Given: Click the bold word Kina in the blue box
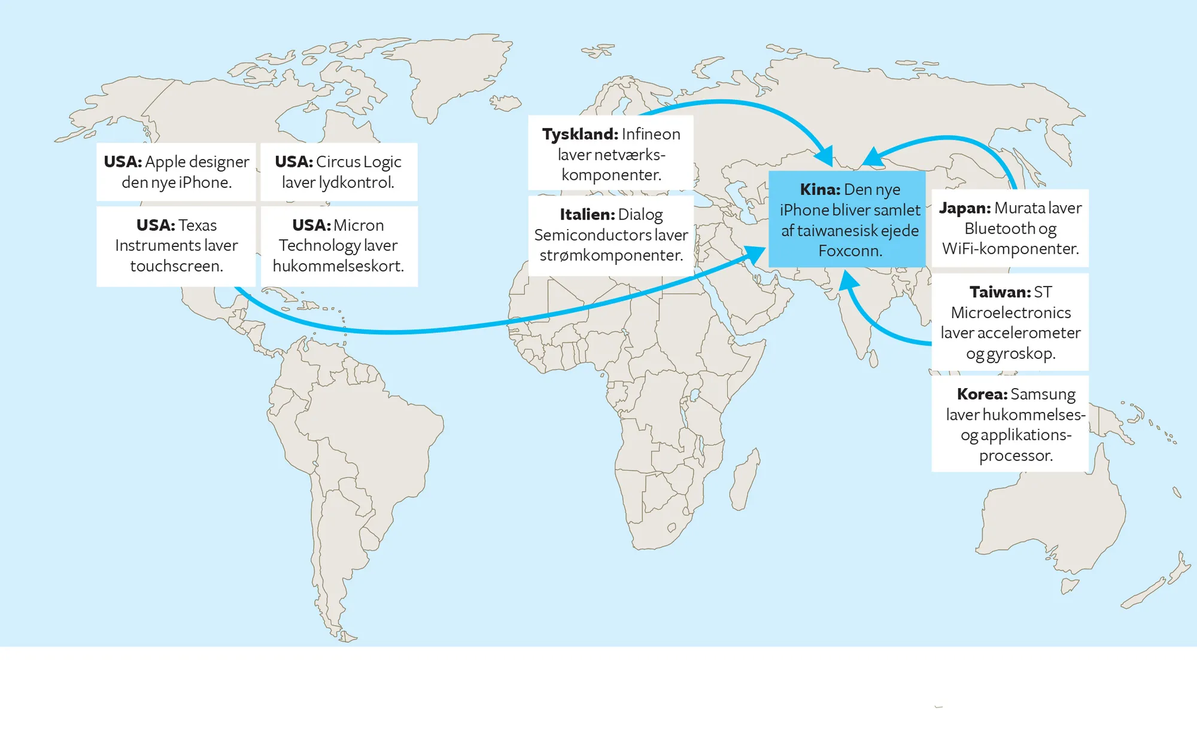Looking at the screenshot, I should [820, 190].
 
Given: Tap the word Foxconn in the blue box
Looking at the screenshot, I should [850, 251].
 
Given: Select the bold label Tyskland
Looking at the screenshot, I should [579, 134].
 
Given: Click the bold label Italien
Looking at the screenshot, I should [587, 214].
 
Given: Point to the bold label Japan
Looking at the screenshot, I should [964, 208].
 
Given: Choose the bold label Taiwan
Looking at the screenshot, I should [999, 292].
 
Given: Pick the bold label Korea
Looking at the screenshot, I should [982, 394].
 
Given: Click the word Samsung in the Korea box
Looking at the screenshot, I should [1043, 394].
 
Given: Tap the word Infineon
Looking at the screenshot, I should [651, 134].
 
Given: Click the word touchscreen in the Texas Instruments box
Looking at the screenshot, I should [176, 266].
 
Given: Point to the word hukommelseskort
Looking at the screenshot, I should [338, 266].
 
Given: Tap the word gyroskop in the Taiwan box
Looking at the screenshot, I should [1020, 353].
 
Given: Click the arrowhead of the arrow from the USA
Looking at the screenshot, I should [756, 254].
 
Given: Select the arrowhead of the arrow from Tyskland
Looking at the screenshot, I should [826, 157].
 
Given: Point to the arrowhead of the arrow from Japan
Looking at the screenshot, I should [871, 158].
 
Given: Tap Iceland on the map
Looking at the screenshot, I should [506, 103].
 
